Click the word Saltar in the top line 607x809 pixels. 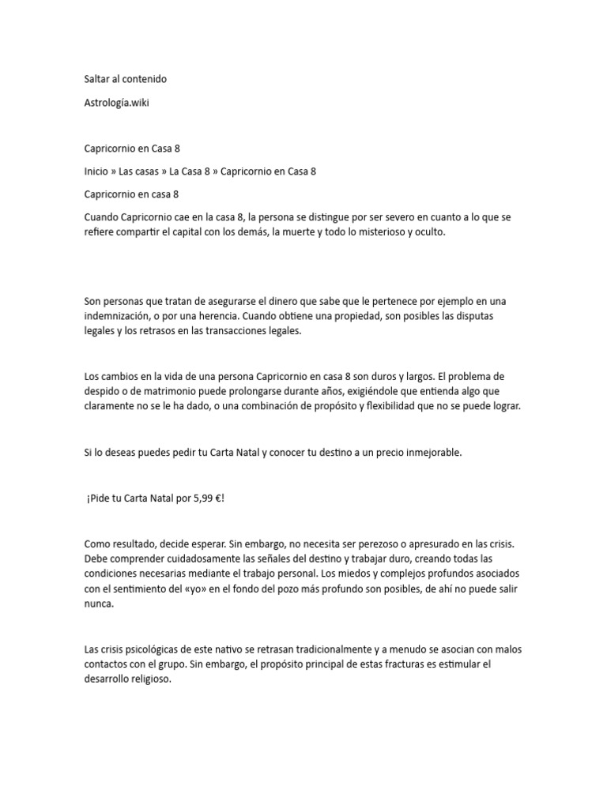coord(99,79)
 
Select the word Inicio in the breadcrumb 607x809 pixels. coord(96,171)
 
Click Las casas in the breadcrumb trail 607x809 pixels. coord(139,171)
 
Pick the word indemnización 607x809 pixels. coord(119,316)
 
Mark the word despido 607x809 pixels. coord(102,390)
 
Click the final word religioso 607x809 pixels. coord(146,679)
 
